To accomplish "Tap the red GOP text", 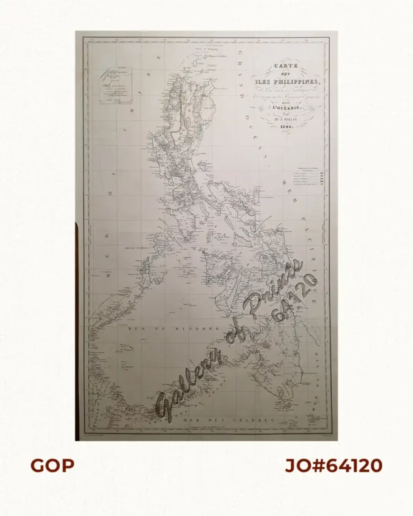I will tap(52, 466).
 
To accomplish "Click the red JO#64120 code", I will tap(334, 466).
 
